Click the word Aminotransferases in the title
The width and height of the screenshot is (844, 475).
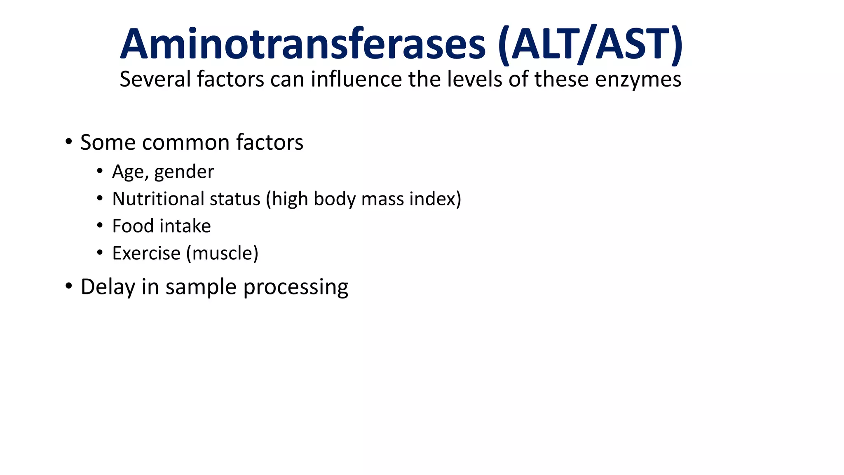click(303, 44)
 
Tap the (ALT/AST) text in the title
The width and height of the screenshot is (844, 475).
click(590, 44)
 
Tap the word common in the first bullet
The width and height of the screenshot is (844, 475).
click(186, 142)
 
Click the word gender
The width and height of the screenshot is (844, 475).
click(184, 172)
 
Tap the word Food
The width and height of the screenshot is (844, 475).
click(133, 226)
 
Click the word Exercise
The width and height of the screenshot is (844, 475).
click(146, 253)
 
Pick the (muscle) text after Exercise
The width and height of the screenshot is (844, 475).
click(222, 253)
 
